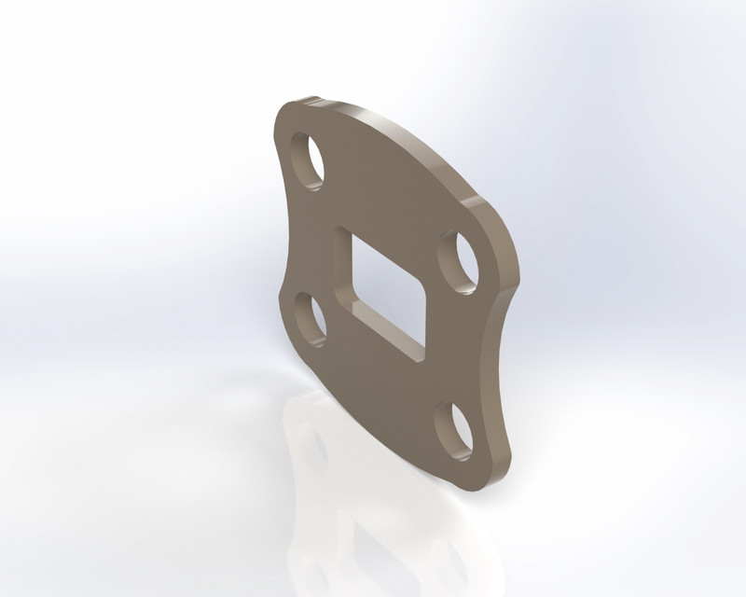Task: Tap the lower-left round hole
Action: tap(309, 317)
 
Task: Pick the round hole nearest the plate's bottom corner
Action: tap(454, 431)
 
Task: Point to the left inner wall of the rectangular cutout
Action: tap(343, 271)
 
